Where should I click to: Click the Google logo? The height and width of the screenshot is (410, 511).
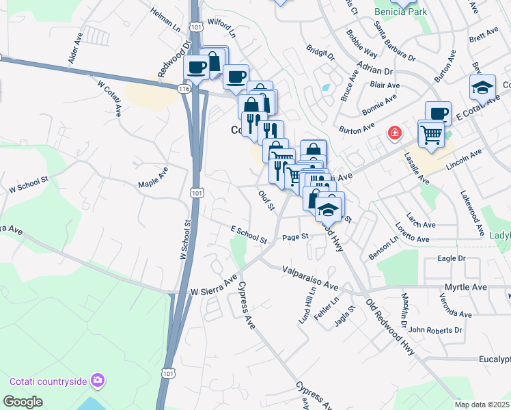(x=23, y=402)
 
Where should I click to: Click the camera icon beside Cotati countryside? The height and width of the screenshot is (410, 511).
(x=98, y=380)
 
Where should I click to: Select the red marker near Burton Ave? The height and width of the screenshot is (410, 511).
(x=394, y=133)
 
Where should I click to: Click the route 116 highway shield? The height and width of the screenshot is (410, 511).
(x=183, y=89)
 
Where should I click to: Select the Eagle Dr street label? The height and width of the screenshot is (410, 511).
(x=451, y=259)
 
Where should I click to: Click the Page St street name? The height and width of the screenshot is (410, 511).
(x=296, y=237)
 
